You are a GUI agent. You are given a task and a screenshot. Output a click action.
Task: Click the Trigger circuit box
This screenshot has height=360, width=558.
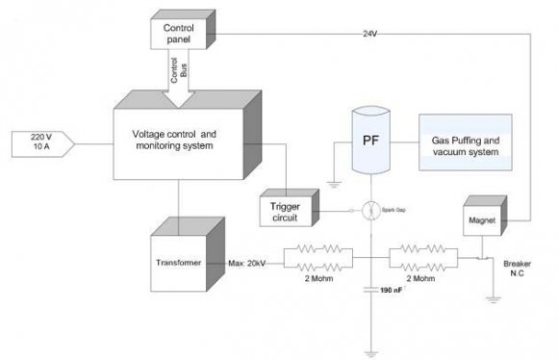click(x=287, y=211)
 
